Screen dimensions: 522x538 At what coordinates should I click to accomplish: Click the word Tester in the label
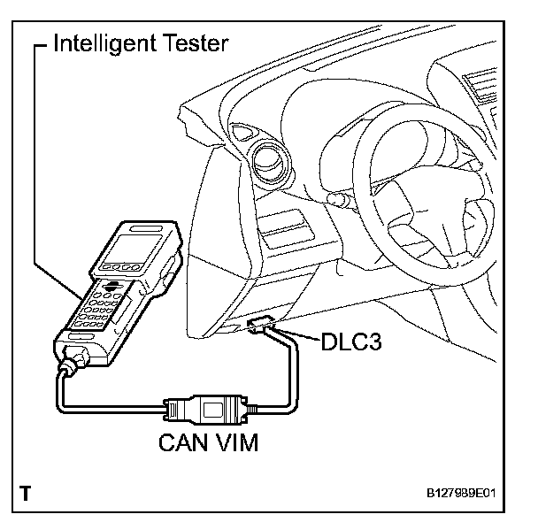point(202,42)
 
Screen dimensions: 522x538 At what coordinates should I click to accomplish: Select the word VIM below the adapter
point(237,441)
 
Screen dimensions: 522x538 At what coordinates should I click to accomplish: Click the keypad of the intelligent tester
point(98,310)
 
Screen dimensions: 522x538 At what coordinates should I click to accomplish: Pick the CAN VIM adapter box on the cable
point(205,411)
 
